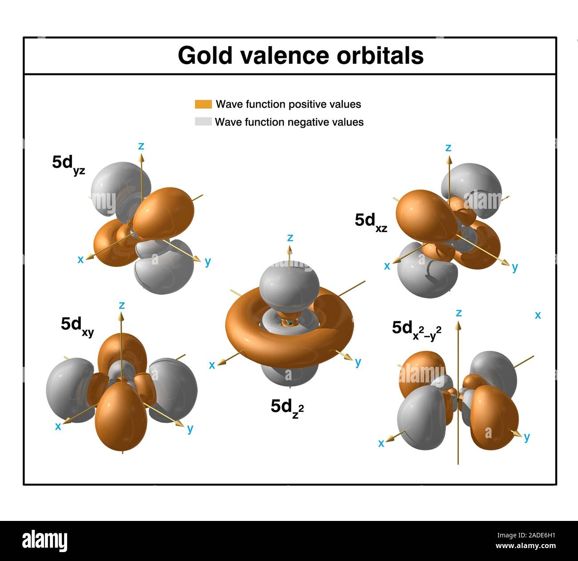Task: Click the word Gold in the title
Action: pos(205,56)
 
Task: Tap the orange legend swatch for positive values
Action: pos(203,104)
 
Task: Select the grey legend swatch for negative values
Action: pos(203,122)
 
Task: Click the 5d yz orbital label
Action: pos(68,164)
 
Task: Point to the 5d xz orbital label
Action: pos(371,221)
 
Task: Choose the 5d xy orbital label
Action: pos(77,325)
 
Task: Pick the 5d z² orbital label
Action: pos(287,407)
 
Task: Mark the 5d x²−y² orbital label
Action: pos(416,329)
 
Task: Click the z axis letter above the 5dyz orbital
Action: pos(141,146)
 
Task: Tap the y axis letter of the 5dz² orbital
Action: pos(358,362)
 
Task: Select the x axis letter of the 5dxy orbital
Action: pos(58,426)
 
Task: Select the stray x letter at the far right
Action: pos(538,315)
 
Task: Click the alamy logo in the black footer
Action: pos(45,540)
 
